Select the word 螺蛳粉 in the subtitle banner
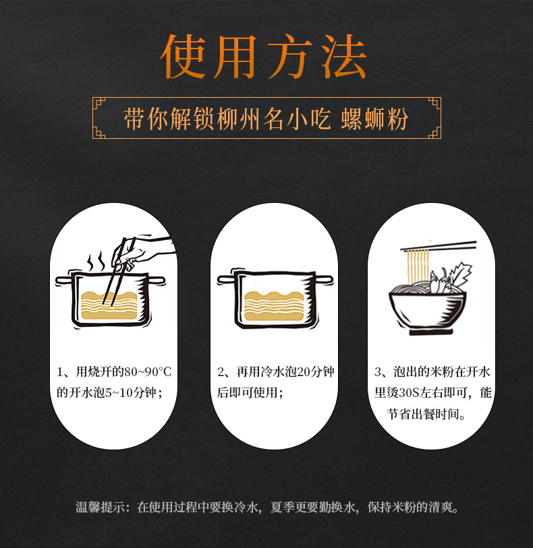pyautogui.click(x=381, y=119)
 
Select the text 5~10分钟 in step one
pyautogui.click(x=128, y=392)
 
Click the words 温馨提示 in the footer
pyautogui.click(x=99, y=508)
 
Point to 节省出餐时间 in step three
pyautogui.click(x=426, y=413)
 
